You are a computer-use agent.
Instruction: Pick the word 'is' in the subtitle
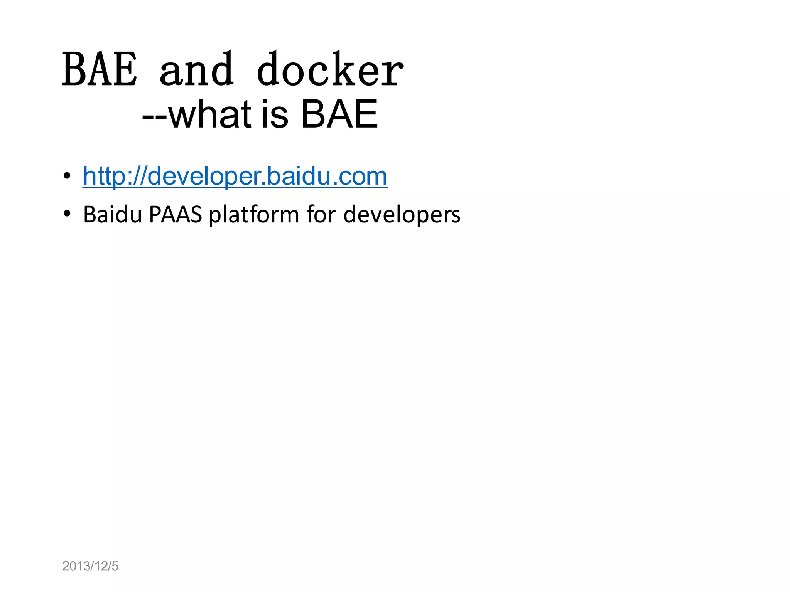point(275,114)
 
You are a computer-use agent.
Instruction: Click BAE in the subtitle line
point(339,114)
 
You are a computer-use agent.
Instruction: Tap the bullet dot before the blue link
point(67,176)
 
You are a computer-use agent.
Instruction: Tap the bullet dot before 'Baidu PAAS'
point(67,214)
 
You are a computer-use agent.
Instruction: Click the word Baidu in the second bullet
point(113,214)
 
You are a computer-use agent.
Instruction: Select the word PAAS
point(175,214)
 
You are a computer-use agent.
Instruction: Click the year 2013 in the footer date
point(76,566)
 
